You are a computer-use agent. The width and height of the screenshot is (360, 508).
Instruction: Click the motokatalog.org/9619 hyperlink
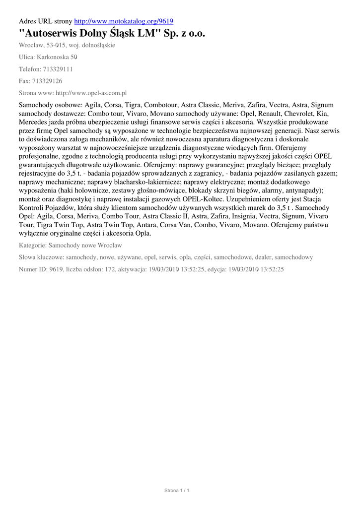pos(123,21)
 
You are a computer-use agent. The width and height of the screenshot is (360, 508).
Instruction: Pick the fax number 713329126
pos(47,81)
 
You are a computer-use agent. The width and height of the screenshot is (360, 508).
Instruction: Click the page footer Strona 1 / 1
pos(177,491)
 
